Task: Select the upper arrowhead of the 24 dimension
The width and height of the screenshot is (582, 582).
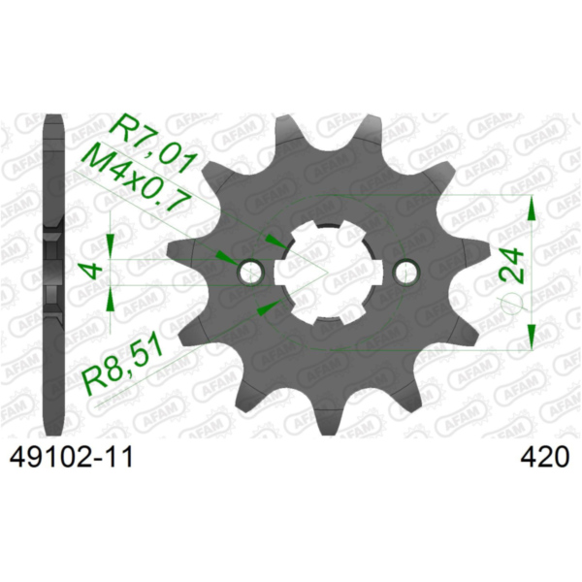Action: [x=532, y=209]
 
